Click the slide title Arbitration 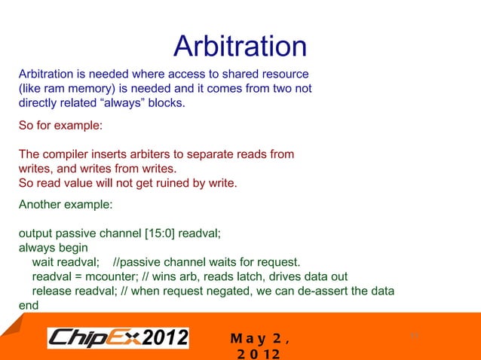pyautogui.click(x=240, y=47)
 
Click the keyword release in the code pyautogui.click(x=51, y=291)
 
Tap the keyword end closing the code pyautogui.click(x=28, y=305)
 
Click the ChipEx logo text pyautogui.click(x=94, y=337)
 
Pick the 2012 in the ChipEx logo pyautogui.click(x=165, y=337)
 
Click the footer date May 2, pyautogui.click(x=259, y=337)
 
